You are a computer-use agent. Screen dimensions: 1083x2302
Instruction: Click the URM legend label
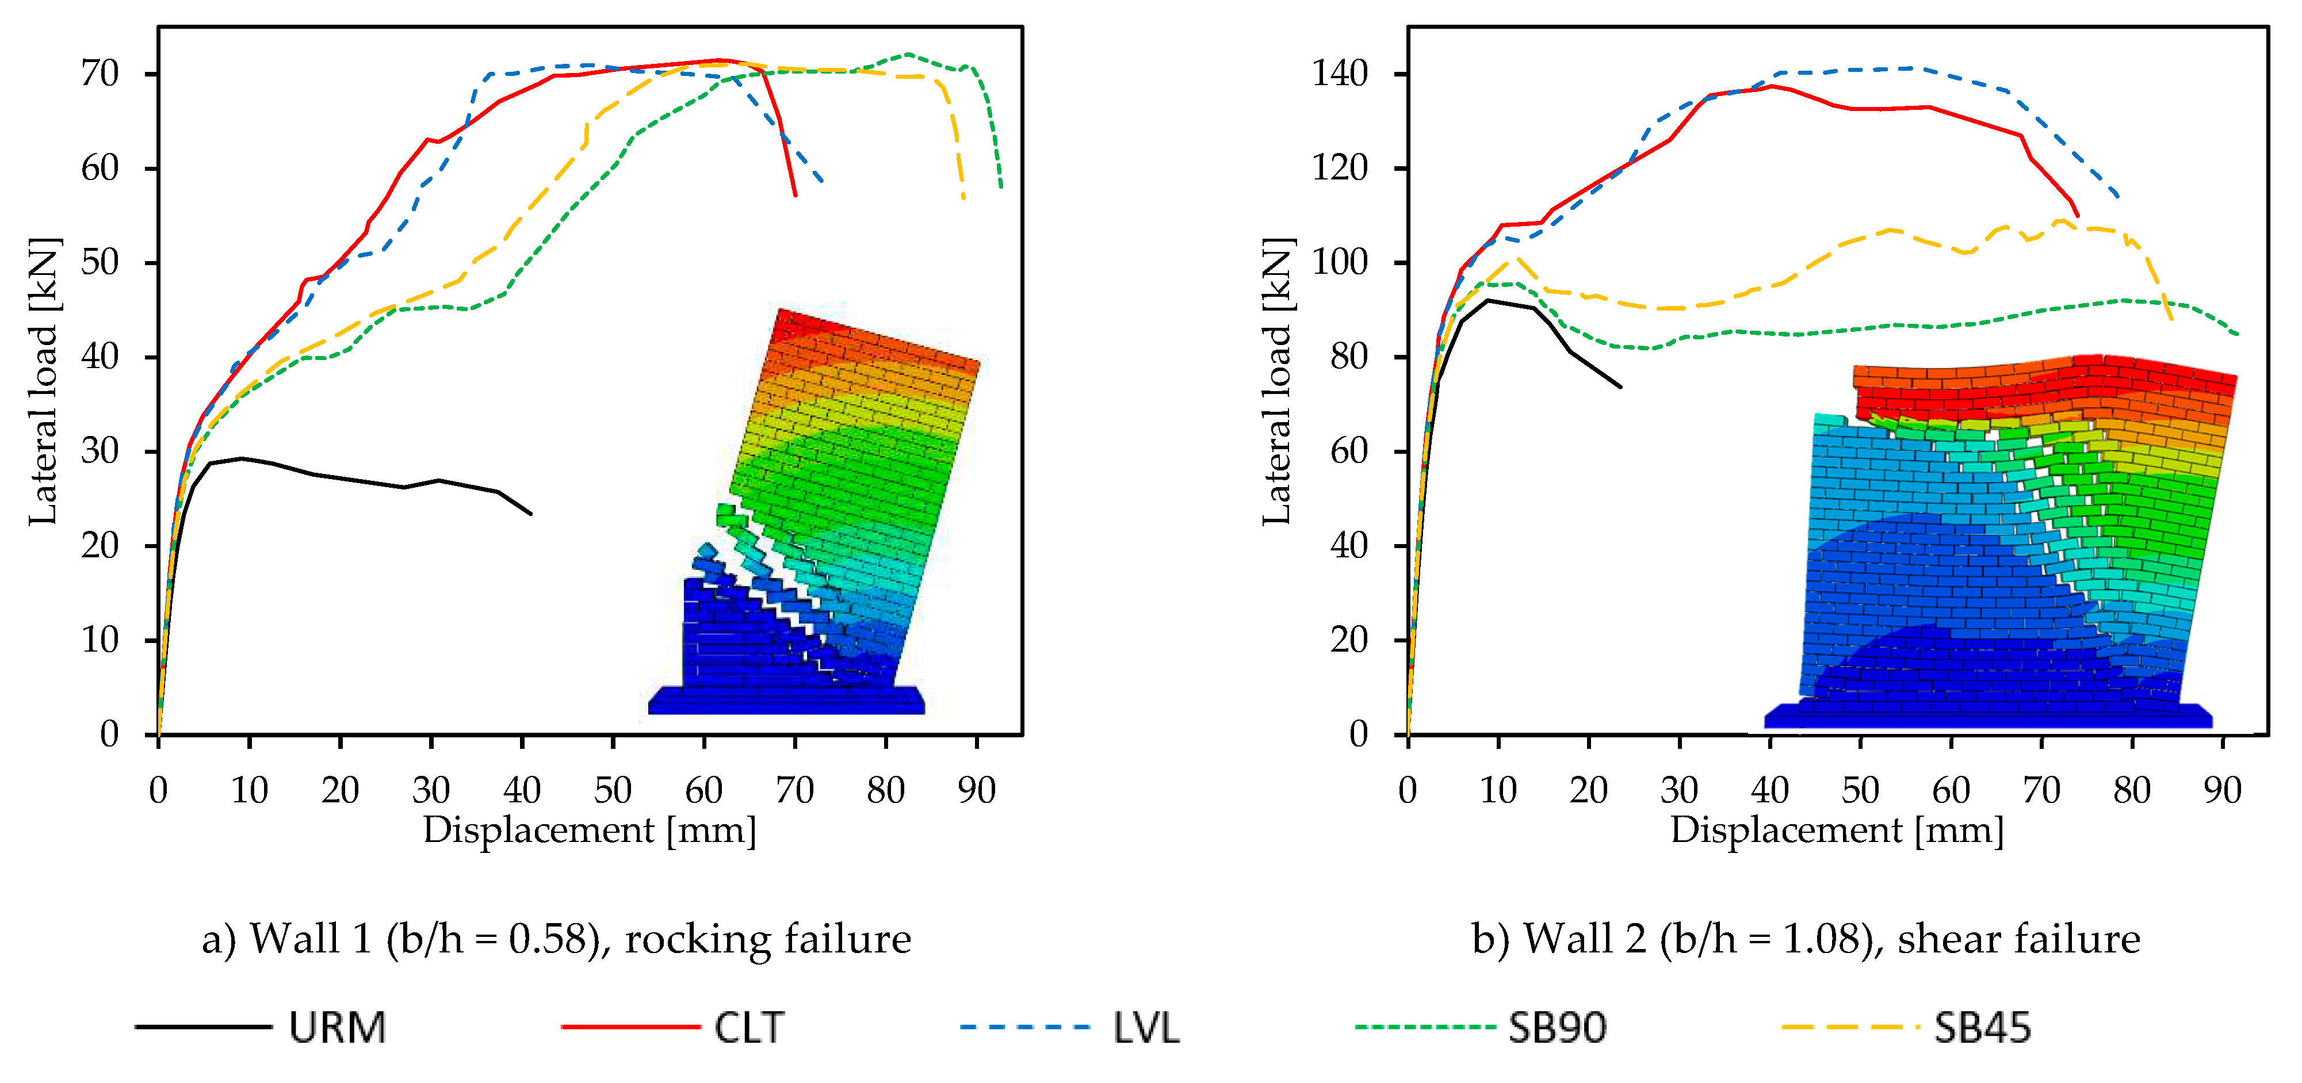[x=337, y=1028]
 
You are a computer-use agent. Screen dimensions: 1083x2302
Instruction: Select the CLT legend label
[x=749, y=1028]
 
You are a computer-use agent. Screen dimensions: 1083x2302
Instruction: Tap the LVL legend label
[x=1146, y=1028]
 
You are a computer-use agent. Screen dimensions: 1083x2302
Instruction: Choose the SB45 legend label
[x=1982, y=1028]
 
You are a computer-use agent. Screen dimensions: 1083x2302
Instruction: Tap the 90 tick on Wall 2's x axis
[x=2223, y=790]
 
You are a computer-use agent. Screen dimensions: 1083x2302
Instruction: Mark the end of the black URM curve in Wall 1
[x=531, y=514]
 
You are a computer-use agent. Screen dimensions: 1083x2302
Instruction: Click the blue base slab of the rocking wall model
[x=786, y=701]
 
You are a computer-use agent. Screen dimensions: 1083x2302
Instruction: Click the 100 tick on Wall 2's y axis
[x=1340, y=263]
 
